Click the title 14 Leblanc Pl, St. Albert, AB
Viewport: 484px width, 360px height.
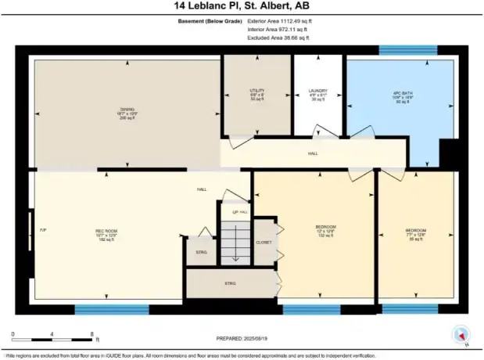click(x=242, y=6)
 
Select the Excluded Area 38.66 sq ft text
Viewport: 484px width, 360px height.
click(x=278, y=37)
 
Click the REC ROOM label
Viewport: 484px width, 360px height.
click(x=106, y=234)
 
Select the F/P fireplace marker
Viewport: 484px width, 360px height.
click(x=43, y=229)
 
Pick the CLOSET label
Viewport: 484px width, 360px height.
click(x=264, y=243)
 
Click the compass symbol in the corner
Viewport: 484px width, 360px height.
click(x=463, y=335)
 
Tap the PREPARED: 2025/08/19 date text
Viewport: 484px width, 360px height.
click(x=242, y=338)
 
